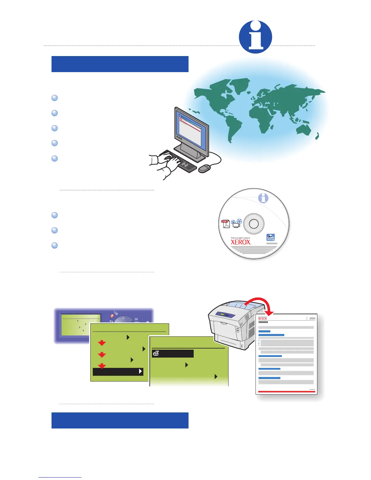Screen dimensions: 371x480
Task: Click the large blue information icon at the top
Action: (x=255, y=37)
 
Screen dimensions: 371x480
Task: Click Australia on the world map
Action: (x=303, y=129)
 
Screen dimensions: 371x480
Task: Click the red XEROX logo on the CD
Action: (x=241, y=242)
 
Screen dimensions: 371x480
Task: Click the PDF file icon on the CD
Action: (x=226, y=224)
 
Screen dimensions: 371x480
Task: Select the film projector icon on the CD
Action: (x=236, y=223)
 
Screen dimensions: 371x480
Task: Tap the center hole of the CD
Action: (x=253, y=224)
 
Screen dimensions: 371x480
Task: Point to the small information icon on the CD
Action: (x=263, y=198)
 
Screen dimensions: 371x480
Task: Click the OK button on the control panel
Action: (x=136, y=319)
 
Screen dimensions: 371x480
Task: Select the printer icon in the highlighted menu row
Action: (x=156, y=354)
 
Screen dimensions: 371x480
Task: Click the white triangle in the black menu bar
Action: (x=140, y=372)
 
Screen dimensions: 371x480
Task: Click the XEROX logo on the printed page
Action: (x=262, y=319)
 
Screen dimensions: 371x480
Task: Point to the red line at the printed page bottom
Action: (x=286, y=392)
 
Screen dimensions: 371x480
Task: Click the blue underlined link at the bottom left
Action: (x=60, y=477)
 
